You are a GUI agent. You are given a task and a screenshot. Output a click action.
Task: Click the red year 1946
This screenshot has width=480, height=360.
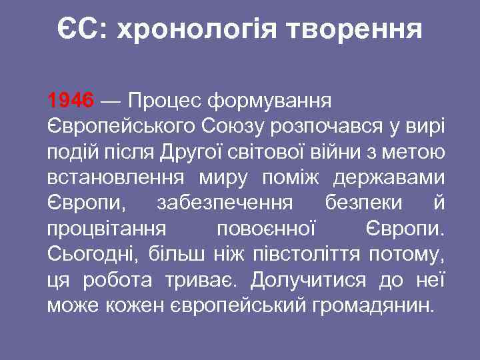(x=71, y=101)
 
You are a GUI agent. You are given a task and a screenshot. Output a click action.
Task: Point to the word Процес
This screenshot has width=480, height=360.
(x=164, y=101)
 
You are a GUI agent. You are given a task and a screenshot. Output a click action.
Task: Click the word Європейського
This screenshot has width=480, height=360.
(x=118, y=127)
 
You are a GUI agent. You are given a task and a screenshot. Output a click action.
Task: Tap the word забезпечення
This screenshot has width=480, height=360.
(x=230, y=203)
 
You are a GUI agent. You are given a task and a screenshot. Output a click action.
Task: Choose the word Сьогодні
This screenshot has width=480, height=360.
(x=89, y=255)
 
